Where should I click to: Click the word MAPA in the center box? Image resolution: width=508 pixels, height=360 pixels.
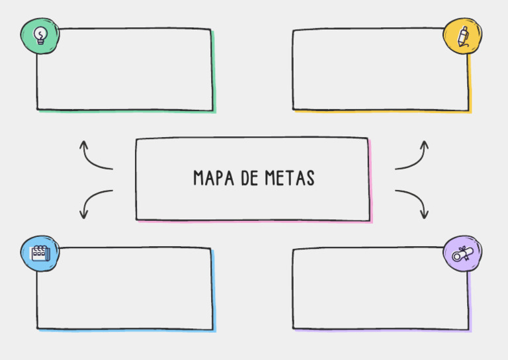pyautogui.click(x=214, y=177)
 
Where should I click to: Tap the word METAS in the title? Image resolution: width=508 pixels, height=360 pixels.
pyautogui.click(x=290, y=177)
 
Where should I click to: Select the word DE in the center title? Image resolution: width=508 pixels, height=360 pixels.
pyautogui.click(x=249, y=177)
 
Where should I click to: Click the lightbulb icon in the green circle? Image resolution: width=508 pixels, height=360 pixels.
pyautogui.click(x=40, y=36)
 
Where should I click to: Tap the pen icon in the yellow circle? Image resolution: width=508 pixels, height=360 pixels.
pyautogui.click(x=462, y=36)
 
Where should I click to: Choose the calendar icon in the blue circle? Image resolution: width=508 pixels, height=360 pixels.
pyautogui.click(x=40, y=253)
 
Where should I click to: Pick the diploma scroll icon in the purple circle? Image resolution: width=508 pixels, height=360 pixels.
pyautogui.click(x=462, y=253)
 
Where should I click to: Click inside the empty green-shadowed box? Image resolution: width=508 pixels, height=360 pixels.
pyautogui.click(x=125, y=69)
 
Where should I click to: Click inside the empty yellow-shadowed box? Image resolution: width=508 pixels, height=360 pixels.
pyautogui.click(x=381, y=69)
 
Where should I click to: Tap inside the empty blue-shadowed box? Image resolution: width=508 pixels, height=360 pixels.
pyautogui.click(x=125, y=289)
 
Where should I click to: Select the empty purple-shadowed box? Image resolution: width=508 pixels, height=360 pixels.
pyautogui.click(x=381, y=289)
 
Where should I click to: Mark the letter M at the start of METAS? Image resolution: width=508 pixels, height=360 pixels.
pyautogui.click(x=270, y=177)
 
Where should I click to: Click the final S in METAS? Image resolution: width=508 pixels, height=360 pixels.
pyautogui.click(x=311, y=178)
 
